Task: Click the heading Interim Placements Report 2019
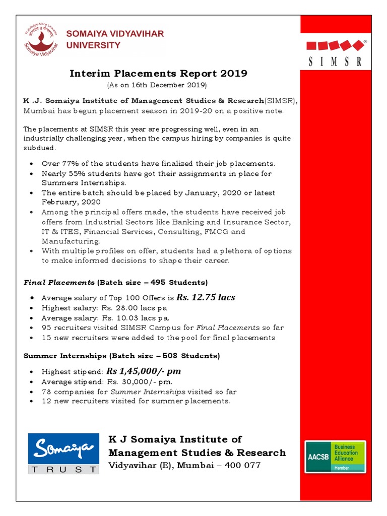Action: click(158, 74)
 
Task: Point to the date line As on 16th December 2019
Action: click(157, 85)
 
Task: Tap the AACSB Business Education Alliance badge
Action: click(335, 457)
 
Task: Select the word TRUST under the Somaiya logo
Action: click(63, 469)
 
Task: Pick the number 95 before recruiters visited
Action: click(46, 328)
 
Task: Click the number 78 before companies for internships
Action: click(46, 392)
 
